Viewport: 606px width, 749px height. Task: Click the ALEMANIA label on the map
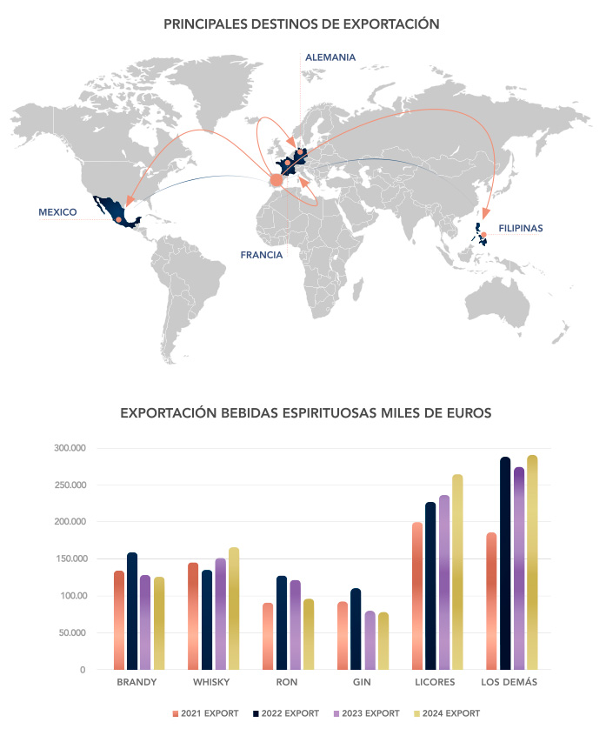(330, 57)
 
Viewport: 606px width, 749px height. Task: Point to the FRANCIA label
(262, 255)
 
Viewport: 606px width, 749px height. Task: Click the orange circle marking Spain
(276, 180)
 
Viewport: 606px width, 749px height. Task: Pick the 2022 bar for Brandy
(132, 611)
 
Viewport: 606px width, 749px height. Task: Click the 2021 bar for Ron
(268, 636)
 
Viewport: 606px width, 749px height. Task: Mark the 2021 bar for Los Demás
(491, 601)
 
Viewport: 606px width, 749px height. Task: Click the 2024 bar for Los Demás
(532, 562)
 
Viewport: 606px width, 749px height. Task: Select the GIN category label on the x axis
(362, 682)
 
